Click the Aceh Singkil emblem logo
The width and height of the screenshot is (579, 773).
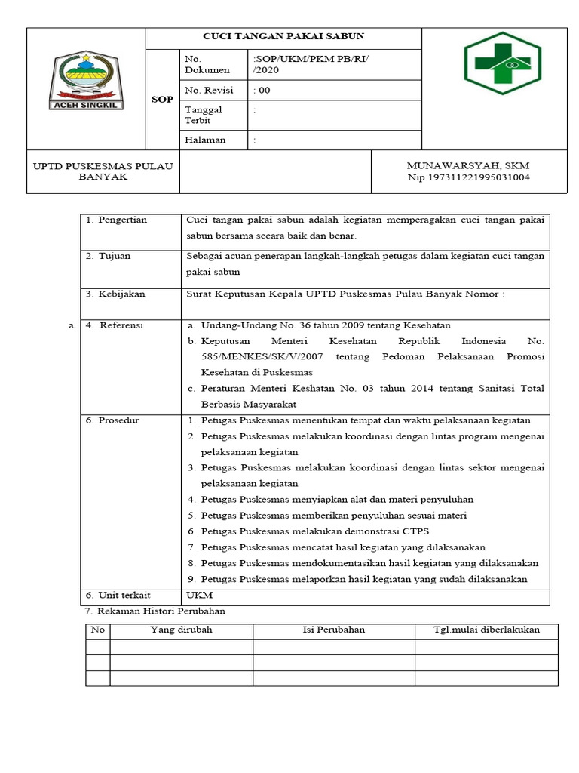point(85,82)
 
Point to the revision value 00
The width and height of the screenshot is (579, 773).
point(263,90)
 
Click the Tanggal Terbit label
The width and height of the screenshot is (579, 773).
point(200,115)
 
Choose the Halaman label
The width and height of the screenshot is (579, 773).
point(205,140)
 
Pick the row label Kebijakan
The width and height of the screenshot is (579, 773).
point(121,294)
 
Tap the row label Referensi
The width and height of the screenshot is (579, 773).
point(120,325)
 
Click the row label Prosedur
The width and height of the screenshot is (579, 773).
point(118,420)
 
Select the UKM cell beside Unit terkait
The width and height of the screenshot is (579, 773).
point(195,596)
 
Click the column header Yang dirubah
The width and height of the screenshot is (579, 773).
point(181,630)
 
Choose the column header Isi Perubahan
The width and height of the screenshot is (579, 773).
point(333,630)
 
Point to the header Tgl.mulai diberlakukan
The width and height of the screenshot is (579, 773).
point(486,630)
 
